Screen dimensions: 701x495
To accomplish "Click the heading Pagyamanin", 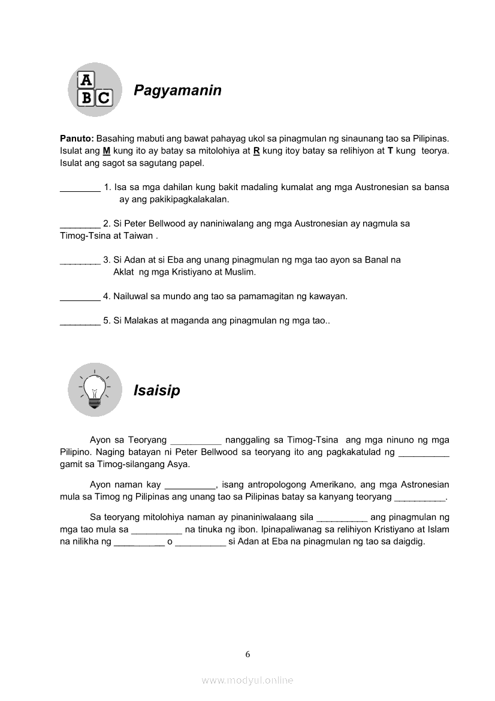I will (177, 91).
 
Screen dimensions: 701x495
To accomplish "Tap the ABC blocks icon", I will (95, 89).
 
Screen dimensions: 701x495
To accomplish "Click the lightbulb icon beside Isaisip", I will (95, 390).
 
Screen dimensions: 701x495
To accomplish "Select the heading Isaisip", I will (156, 391).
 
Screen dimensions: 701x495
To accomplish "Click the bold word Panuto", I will (76, 139).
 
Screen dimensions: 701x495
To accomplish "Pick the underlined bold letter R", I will (256, 151).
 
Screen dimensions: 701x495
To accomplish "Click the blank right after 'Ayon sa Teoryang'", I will (196, 441).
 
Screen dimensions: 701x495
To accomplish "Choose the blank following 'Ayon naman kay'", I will (190, 485).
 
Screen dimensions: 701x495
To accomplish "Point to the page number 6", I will (248, 654).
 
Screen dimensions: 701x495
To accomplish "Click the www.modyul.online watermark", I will (248, 681).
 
